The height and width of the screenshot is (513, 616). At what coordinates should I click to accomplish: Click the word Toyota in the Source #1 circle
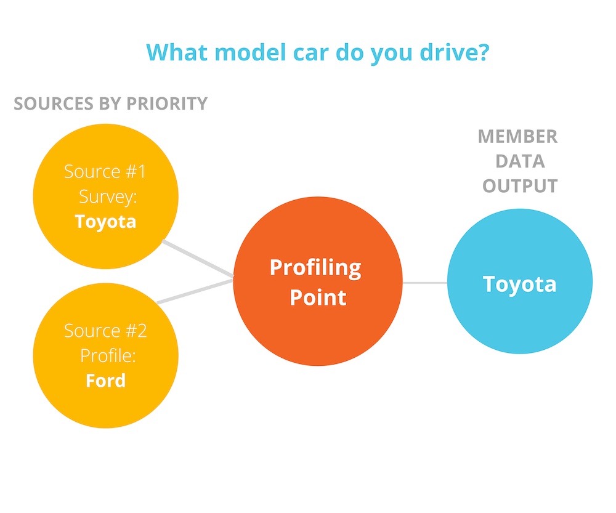[x=105, y=222]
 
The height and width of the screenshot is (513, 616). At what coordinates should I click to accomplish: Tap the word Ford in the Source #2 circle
[x=106, y=381]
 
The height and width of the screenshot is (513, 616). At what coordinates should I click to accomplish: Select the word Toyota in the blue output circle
[x=519, y=285]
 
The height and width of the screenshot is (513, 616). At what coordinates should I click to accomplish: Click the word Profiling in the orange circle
[x=315, y=269]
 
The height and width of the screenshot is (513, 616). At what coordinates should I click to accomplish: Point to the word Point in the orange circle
[x=318, y=297]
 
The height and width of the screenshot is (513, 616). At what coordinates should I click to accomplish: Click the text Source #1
[x=105, y=172]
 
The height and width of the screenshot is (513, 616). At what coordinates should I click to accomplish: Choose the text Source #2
[x=105, y=331]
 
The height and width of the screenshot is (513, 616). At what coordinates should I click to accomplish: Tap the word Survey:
[x=108, y=197]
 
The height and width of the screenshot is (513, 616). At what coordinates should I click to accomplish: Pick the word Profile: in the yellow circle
[x=108, y=356]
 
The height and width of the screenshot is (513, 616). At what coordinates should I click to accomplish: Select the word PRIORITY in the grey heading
[x=167, y=103]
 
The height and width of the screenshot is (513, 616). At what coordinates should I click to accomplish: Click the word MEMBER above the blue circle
[x=518, y=137]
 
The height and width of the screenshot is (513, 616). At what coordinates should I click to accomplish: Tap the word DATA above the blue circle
[x=520, y=161]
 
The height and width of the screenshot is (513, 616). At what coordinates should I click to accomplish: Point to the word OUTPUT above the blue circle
[x=520, y=186]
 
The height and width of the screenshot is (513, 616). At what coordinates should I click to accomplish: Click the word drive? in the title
[x=455, y=52]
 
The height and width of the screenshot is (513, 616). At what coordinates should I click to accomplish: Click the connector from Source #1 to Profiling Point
[x=198, y=259]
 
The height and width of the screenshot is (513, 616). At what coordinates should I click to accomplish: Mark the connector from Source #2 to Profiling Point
[x=195, y=291]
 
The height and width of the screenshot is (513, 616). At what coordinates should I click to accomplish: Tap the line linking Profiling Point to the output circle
[x=424, y=283]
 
